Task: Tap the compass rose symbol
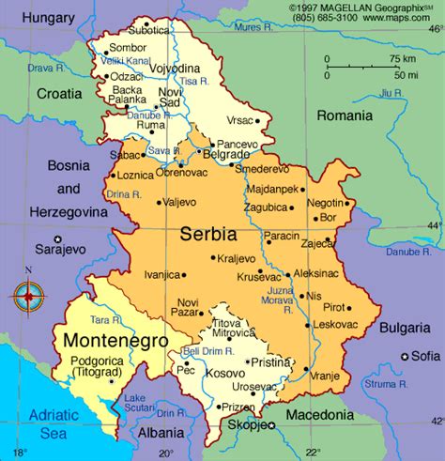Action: tap(28, 296)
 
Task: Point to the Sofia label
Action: tap(425, 357)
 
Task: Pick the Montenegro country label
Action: tap(110, 340)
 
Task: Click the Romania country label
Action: tap(345, 115)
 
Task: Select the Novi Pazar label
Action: tap(187, 307)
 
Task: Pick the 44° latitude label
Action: tap(433, 225)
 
